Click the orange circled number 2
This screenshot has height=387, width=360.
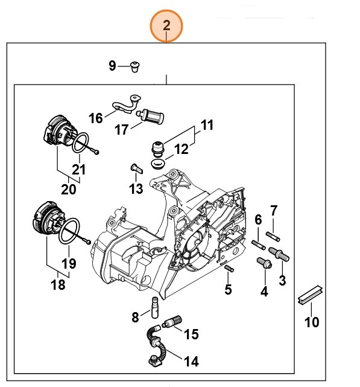(x=166, y=26)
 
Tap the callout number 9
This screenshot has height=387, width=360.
(x=112, y=66)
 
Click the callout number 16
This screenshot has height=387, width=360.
(x=96, y=118)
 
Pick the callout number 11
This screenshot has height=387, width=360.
(x=207, y=126)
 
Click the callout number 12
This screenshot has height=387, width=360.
(x=207, y=149)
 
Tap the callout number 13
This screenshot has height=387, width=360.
(x=136, y=189)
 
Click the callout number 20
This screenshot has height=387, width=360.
(x=68, y=189)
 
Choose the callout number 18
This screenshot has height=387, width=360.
(x=58, y=284)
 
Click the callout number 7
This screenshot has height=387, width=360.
(x=274, y=211)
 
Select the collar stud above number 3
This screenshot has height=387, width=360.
(x=279, y=253)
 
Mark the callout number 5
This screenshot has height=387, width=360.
(x=228, y=289)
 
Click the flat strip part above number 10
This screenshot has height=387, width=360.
(x=312, y=299)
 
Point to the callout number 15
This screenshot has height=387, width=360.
(x=191, y=334)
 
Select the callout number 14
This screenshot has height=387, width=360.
(x=191, y=362)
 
